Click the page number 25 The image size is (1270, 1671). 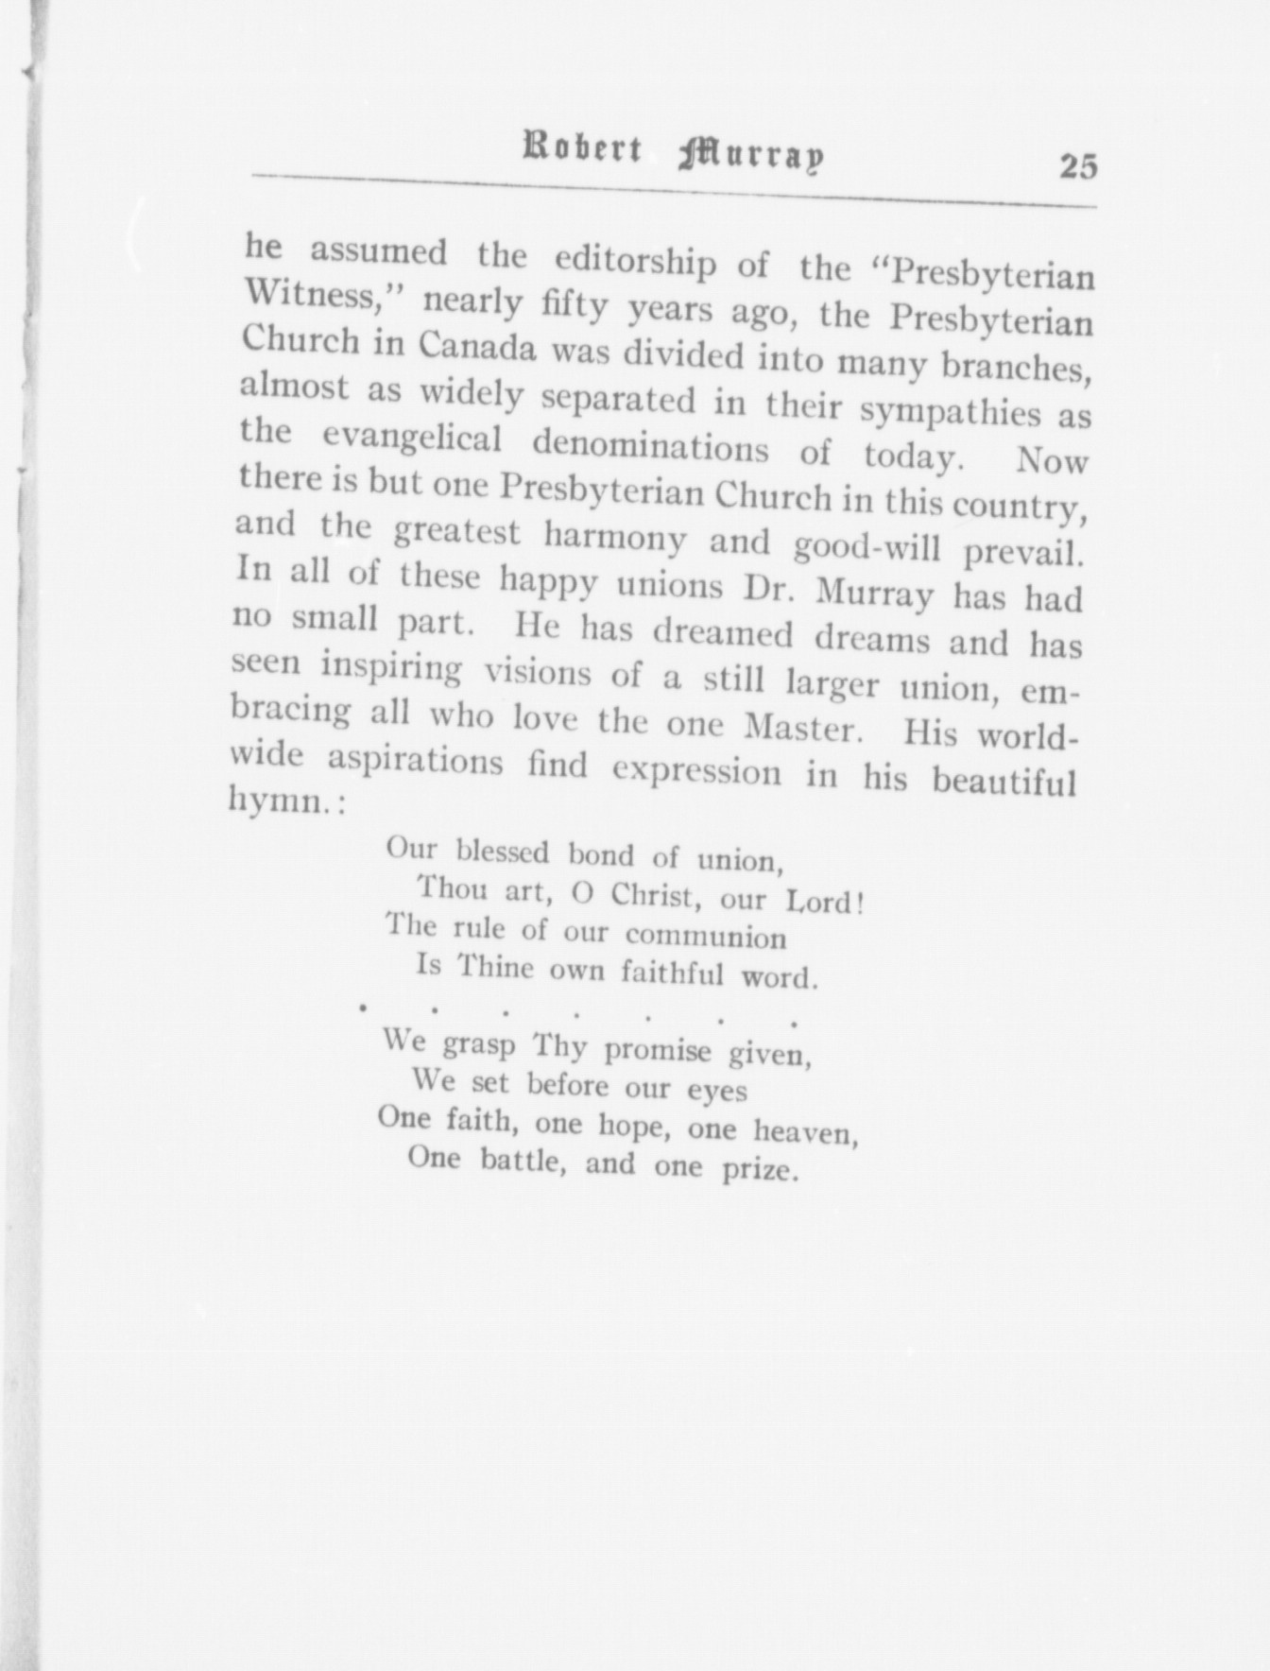tap(1078, 166)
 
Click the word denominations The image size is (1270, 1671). tap(651, 446)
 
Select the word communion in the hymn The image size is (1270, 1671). tap(706, 937)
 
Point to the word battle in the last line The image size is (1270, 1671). tap(523, 1161)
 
